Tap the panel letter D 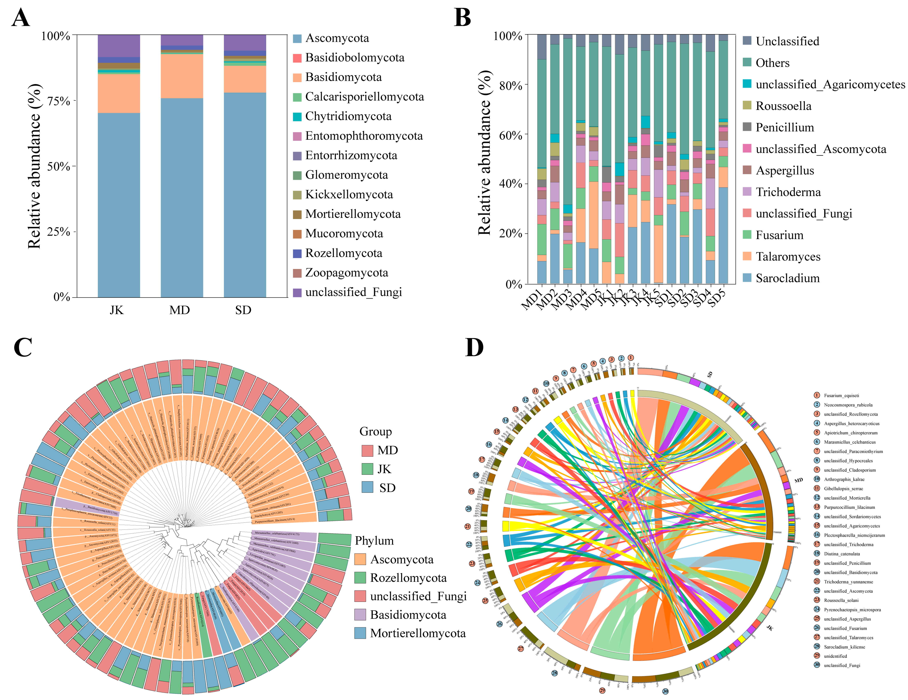pos(474,348)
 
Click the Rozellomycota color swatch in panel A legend pos(297,253)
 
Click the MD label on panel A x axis pos(180,310)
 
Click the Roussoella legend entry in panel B pos(783,106)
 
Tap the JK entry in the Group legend pos(384,469)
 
